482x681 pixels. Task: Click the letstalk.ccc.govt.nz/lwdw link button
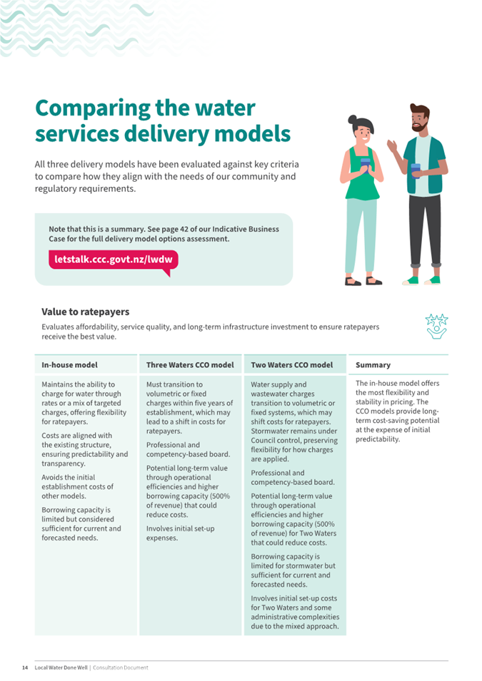pos(113,260)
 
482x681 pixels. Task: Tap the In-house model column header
pos(69,365)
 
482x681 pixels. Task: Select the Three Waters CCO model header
pos(190,365)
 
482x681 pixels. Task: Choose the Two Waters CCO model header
pos(292,365)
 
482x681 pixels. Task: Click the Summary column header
pos(373,365)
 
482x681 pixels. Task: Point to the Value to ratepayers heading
pos(86,312)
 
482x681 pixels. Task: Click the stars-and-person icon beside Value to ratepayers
pos(436,326)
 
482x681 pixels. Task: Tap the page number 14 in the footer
pos(25,667)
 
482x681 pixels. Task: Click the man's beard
pos(419,126)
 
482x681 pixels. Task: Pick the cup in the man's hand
pos(416,170)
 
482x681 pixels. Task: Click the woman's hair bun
pos(352,118)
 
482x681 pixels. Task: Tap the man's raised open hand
pos(393,146)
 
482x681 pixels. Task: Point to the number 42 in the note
pos(184,230)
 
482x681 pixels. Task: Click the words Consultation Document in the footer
pos(121,667)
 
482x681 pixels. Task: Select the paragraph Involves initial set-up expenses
pos(180,533)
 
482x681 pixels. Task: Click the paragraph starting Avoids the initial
pos(77,486)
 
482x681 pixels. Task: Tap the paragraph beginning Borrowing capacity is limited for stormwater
pos(293,570)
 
